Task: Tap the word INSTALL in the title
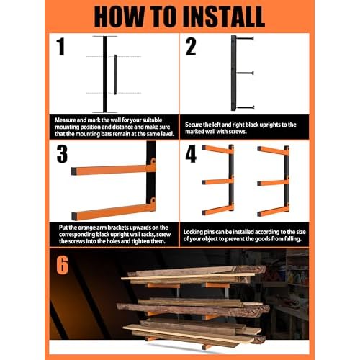(232, 17)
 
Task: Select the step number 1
(60, 48)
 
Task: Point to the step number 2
(191, 48)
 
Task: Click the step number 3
(61, 155)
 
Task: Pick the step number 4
(191, 155)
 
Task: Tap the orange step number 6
(63, 264)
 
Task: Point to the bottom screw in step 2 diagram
(246, 107)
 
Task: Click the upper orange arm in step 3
(112, 171)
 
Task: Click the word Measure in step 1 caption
(67, 117)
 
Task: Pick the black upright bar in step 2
(233, 72)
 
